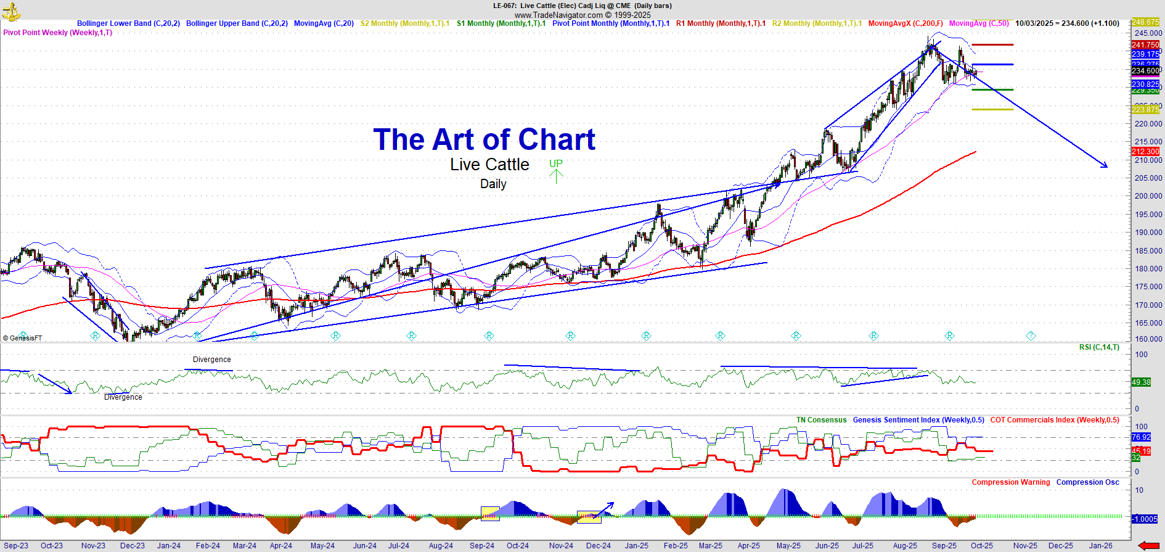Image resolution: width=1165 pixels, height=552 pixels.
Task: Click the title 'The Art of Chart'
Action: (484, 140)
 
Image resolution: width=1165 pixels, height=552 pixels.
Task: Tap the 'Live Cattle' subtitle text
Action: (489, 165)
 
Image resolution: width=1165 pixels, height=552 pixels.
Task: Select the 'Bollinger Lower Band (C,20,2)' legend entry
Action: (128, 23)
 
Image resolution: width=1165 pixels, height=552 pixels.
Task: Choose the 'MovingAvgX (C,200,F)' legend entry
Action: (905, 23)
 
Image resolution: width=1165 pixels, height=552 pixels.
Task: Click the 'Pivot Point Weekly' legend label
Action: (58, 33)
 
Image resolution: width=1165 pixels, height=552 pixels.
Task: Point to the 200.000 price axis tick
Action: (1148, 196)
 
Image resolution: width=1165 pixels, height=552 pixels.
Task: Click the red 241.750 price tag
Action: (1145, 45)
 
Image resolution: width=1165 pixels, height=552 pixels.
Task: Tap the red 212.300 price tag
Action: (1145, 152)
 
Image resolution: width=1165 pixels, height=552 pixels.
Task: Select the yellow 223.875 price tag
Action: (1145, 110)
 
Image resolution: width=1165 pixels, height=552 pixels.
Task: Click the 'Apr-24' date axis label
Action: (281, 546)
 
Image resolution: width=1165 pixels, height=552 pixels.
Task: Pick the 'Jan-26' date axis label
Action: (1101, 546)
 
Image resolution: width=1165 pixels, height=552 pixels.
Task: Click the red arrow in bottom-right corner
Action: (1148, 545)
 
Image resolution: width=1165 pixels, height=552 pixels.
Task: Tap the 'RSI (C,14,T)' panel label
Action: (1099, 347)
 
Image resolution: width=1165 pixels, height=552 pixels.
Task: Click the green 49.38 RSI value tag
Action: (1141, 382)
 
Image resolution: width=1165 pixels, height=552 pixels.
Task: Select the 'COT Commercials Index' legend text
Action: (1055, 420)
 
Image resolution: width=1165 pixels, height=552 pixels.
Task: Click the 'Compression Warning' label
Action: (1011, 482)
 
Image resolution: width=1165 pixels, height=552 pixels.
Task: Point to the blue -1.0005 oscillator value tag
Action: (1145, 519)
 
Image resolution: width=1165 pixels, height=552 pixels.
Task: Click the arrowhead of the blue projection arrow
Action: (1105, 165)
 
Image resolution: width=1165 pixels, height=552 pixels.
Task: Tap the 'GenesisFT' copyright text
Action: (23, 338)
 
